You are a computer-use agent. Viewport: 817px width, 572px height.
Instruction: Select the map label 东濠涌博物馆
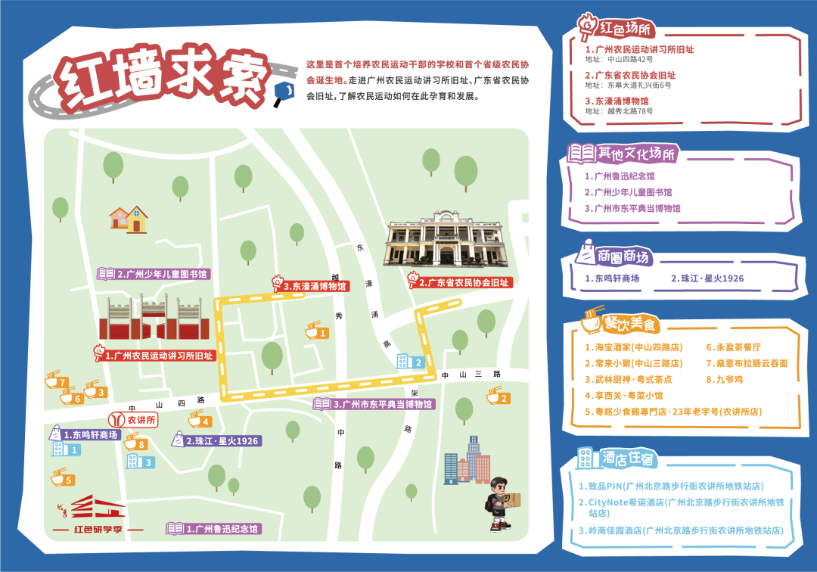tap(314, 286)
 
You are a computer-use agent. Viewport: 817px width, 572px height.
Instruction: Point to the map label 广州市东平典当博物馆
tap(378, 404)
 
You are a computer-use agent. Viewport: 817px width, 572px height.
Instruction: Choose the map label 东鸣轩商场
tap(89, 435)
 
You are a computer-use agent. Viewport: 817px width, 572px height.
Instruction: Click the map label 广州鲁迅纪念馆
tap(219, 529)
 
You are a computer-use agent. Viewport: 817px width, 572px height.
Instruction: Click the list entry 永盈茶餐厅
tap(733, 347)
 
